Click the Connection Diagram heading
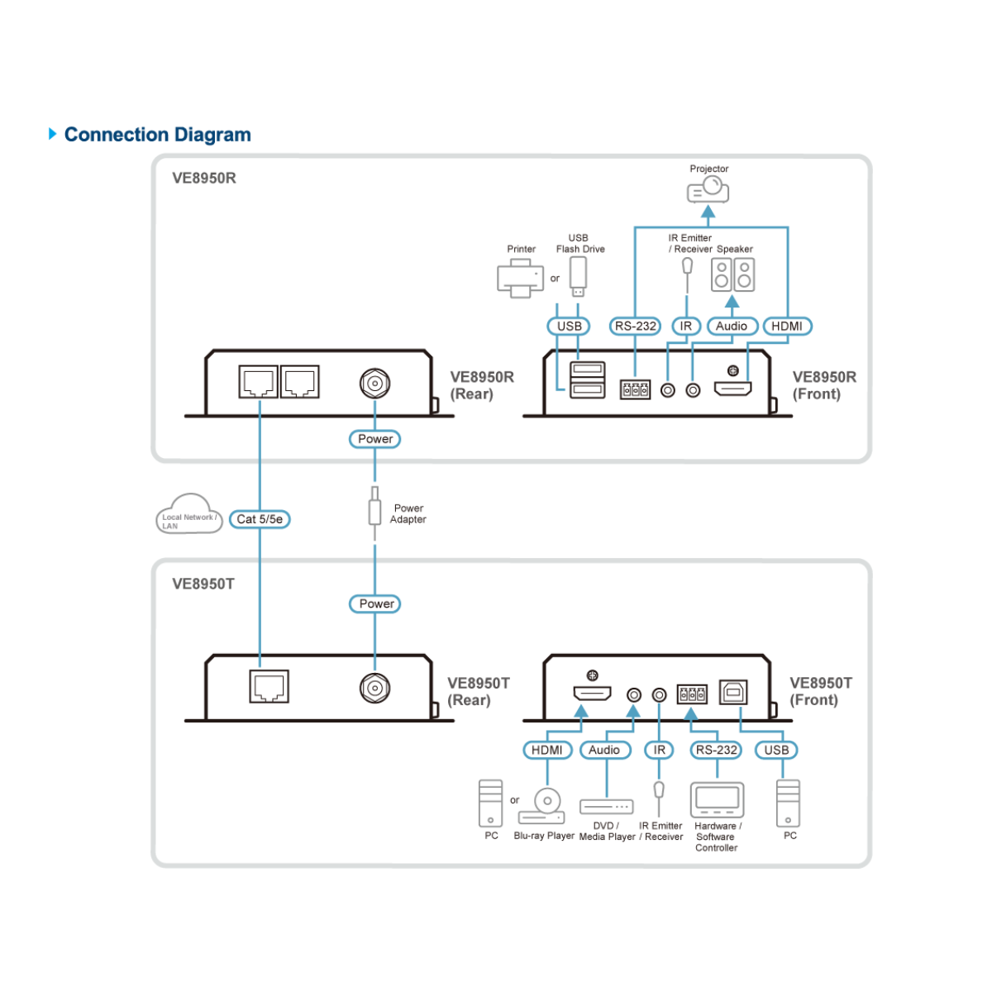coord(157,135)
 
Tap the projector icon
coord(708,190)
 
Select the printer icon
coord(520,278)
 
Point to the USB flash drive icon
coord(578,276)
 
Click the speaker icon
coord(732,275)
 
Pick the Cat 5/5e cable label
coord(260,519)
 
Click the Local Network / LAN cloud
coord(189,515)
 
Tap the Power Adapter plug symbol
coord(374,508)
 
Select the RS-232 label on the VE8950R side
coord(635,327)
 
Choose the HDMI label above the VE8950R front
coord(786,327)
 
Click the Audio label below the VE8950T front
coord(604,750)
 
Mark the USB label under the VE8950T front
coord(776,750)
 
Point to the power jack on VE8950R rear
coord(374,384)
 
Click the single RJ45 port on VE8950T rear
coord(269,687)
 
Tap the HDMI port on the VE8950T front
coord(592,694)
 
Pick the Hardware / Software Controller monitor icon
coord(717,799)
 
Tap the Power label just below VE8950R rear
coord(375,439)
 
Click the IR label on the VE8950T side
coord(659,750)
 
